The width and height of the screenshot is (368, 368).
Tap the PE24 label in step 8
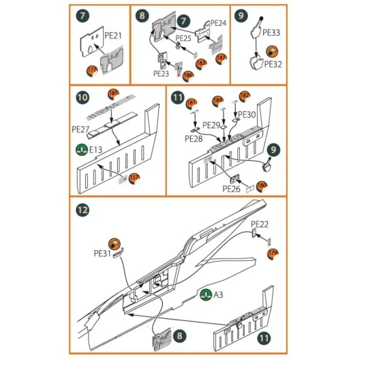pyautogui.click(x=217, y=22)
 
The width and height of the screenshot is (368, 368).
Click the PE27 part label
pyautogui.click(x=81, y=127)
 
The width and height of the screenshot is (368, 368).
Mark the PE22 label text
pyautogui.click(x=260, y=224)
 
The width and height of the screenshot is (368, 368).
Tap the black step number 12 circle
pyautogui.click(x=82, y=211)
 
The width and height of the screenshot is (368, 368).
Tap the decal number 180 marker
pyautogui.click(x=262, y=185)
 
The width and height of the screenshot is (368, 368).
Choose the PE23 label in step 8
pyautogui.click(x=162, y=74)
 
